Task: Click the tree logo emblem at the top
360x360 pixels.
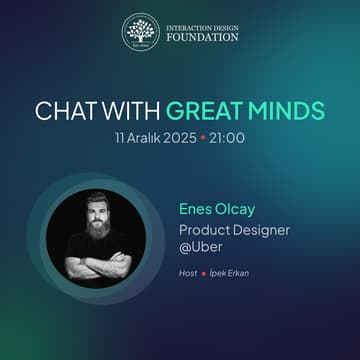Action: pyautogui.click(x=141, y=32)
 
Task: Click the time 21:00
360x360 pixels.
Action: pyautogui.click(x=227, y=137)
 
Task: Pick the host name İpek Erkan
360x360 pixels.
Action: pyautogui.click(x=232, y=272)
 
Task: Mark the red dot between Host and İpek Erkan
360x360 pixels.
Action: pyautogui.click(x=202, y=273)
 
